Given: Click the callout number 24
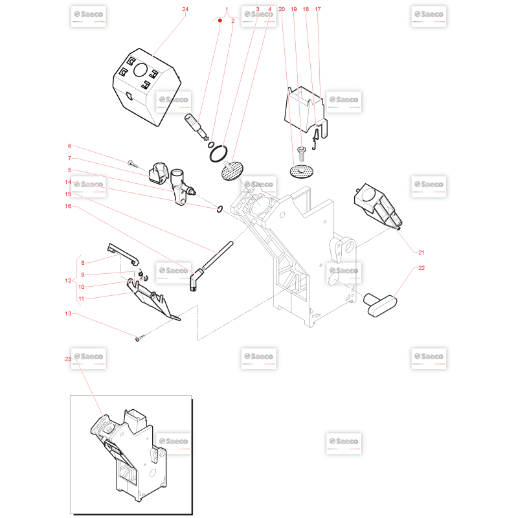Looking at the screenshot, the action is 185,9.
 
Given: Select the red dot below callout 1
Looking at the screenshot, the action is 220,21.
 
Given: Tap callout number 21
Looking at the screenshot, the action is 422,253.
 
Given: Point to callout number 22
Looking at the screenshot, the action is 422,268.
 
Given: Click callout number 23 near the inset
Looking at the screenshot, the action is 68,359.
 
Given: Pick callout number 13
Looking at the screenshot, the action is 68,313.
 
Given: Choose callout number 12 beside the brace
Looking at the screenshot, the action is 68,280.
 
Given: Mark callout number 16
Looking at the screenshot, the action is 68,206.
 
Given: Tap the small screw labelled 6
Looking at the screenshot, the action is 132,163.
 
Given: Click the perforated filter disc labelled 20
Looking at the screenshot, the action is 301,172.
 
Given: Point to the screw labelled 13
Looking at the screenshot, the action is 140,338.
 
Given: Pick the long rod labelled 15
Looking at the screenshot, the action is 218,256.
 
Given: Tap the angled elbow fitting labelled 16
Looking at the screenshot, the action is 196,280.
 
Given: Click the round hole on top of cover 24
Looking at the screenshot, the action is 141,70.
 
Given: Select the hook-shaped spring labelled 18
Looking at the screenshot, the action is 315,139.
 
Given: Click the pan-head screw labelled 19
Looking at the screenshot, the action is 302,153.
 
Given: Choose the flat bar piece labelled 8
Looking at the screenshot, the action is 123,253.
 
